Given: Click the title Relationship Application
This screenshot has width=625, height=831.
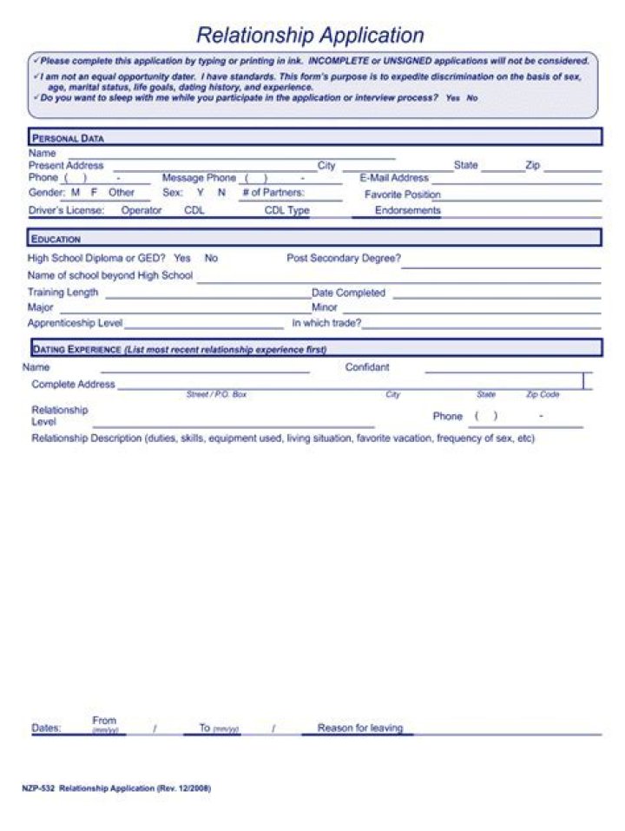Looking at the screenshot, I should coord(310,36).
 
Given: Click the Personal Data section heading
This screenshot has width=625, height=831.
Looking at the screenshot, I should coord(68,138).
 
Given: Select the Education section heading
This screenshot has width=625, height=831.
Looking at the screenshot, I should coord(56,239).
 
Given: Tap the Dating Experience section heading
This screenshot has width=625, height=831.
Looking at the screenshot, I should coord(76,349).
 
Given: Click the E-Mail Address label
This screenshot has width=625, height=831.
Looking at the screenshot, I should coord(394,178).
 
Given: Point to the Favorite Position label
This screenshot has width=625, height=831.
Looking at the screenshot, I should coord(402,195).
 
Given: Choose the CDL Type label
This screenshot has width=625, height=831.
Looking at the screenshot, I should coord(286,210).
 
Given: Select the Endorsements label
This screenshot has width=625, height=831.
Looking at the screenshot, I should coord(407,210).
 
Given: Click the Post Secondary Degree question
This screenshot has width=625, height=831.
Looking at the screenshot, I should coord(344,258).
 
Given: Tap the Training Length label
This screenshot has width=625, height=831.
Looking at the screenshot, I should coord(62,293).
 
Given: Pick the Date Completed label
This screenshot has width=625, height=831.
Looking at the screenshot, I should coord(348,293).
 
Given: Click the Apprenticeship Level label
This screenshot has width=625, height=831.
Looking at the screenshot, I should coord(75,323).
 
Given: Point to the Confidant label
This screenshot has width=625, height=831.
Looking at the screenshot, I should coord(367,367).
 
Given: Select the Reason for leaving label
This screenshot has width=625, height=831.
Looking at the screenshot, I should coord(360,728).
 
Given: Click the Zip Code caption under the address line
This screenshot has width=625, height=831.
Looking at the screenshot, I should coord(543,394).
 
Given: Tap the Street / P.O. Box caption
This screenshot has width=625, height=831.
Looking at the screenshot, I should coord(216,394).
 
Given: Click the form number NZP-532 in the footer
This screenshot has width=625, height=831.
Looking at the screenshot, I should coord(38,788).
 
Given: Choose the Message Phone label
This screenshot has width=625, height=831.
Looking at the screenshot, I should coord(199,178).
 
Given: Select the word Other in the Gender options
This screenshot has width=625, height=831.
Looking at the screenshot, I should coord(122,193).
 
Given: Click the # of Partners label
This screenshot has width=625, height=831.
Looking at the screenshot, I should coord(273,193).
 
